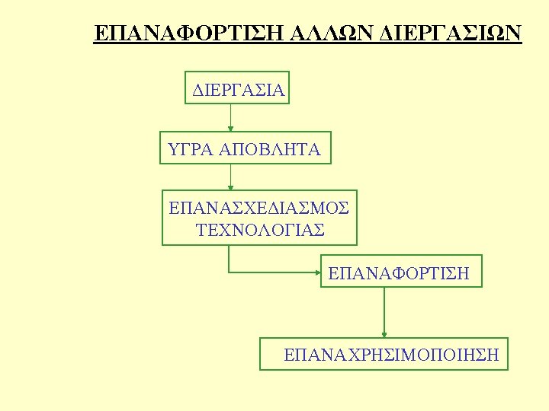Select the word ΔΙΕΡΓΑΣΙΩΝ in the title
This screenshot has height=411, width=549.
click(x=451, y=33)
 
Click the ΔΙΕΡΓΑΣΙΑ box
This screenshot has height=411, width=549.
click(x=238, y=88)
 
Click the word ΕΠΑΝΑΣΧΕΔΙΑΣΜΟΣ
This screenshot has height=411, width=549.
click(x=259, y=207)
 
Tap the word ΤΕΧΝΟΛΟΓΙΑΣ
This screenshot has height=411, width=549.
click(x=260, y=229)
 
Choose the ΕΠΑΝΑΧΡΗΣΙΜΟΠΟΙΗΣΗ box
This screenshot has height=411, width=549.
click(x=384, y=354)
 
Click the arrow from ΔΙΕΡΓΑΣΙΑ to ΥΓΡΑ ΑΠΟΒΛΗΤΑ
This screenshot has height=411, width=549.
click(x=231, y=117)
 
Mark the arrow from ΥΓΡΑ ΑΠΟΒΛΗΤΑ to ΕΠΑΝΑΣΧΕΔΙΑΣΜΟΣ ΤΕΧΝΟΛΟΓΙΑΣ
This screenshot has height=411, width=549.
click(x=231, y=176)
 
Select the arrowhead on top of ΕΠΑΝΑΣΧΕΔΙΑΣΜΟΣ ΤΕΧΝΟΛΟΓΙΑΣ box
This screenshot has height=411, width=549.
click(x=231, y=187)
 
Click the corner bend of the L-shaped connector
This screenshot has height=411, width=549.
click(x=230, y=271)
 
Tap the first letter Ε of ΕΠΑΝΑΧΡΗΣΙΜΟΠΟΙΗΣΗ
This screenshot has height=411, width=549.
click(x=288, y=355)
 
